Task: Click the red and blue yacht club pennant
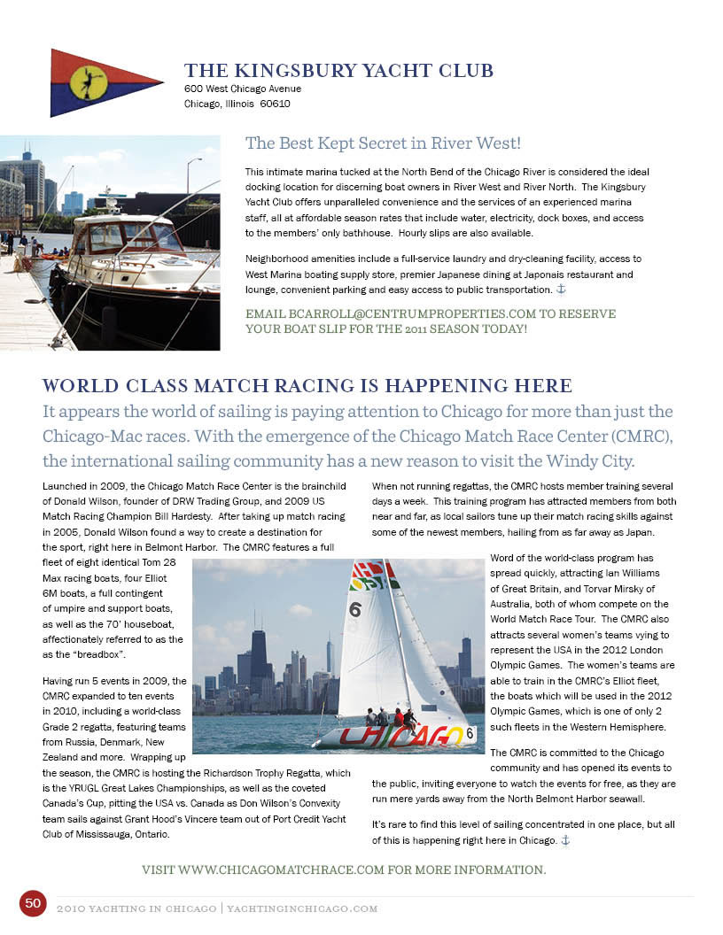(97, 82)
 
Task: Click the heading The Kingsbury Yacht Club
(338, 71)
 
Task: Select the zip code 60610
(276, 104)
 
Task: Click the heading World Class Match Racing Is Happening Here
(307, 385)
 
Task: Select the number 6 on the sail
(354, 609)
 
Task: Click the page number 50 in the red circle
(33, 903)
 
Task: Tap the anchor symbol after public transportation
(559, 290)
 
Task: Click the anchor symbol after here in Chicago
(564, 839)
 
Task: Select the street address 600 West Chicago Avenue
(243, 89)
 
